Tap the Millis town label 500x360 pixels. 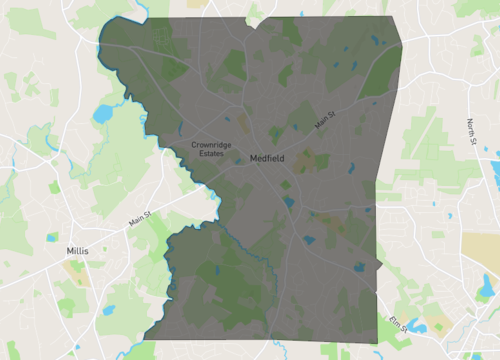(77, 251)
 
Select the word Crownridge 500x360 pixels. (211, 145)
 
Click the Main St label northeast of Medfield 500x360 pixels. (322, 121)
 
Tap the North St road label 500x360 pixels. (471, 131)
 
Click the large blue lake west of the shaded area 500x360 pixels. (103, 113)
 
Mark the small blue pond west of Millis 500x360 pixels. (52, 237)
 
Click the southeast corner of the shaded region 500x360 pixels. (380, 344)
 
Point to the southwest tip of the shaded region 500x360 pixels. (145, 337)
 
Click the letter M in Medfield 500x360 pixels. (253, 158)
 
